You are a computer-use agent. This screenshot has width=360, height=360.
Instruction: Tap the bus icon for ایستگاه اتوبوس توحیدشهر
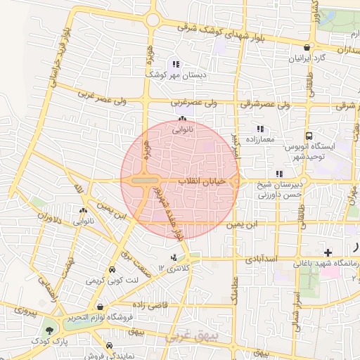[309, 136]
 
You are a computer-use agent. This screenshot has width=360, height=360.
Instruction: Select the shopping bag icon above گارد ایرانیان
[306, 47]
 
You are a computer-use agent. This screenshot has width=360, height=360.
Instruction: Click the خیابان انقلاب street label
[202, 182]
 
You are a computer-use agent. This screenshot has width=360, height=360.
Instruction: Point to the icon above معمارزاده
[260, 129]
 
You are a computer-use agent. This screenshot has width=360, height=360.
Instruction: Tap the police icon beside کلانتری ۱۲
[174, 257]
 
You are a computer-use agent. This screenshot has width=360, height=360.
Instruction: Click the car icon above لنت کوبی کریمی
[112, 270]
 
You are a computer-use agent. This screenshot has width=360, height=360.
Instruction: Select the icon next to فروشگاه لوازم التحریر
[102, 307]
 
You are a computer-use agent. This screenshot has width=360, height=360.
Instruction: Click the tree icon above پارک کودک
[49, 329]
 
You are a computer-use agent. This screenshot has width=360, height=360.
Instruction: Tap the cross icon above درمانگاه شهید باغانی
[328, 252]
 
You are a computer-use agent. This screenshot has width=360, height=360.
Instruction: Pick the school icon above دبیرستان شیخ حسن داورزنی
[279, 173]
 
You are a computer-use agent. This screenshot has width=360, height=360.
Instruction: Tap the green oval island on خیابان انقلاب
[144, 181]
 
